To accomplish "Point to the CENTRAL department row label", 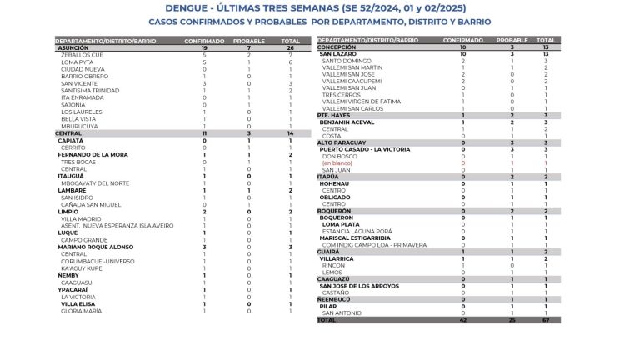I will click(69, 133).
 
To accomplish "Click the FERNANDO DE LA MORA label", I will click(92, 154).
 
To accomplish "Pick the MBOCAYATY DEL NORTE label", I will click(95, 182).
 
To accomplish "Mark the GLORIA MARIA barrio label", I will click(82, 310).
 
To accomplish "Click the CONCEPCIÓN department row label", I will click(337, 47).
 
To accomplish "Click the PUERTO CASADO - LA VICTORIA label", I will click(365, 148).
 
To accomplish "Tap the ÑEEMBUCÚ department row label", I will click(335, 298).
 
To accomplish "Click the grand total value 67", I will click(546, 319).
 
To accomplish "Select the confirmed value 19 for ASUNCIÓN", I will click(204, 48).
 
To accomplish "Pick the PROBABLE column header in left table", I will click(249, 41).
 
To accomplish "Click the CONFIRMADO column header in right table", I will click(462, 40).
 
